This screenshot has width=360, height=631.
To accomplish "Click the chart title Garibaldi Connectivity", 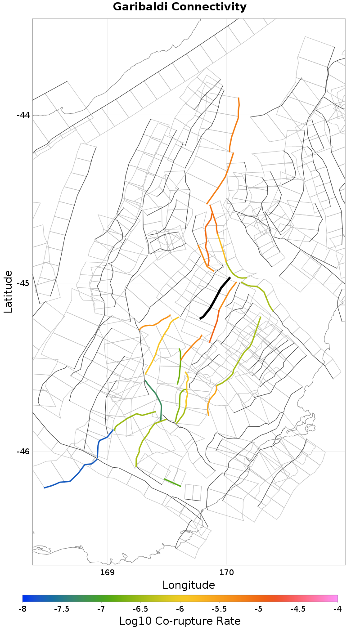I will pos(180,7).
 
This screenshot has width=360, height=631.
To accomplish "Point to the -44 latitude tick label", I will pos(23,115).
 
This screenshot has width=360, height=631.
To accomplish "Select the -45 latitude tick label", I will pos(23,283).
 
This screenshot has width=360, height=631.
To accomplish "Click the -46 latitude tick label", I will pos(23,451).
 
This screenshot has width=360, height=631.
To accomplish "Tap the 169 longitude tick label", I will pos(107,573).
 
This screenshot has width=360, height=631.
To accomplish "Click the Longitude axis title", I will pos(189,585).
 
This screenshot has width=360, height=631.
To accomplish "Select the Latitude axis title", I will pos(8,291).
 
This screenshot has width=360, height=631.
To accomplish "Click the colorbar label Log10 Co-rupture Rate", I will pos(180,621).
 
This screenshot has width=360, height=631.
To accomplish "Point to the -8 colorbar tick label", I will pos(22,609).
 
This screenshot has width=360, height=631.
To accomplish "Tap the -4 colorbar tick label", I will pos(337,609).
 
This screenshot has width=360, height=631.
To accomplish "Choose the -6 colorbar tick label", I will pos(180,609).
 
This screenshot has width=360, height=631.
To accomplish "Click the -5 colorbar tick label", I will pos(259,609).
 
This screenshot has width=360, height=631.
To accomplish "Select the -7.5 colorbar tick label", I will pos(62,609).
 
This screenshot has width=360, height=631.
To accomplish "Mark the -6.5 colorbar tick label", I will pos(140,609).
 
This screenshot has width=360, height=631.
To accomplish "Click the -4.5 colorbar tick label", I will pos(298,609).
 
